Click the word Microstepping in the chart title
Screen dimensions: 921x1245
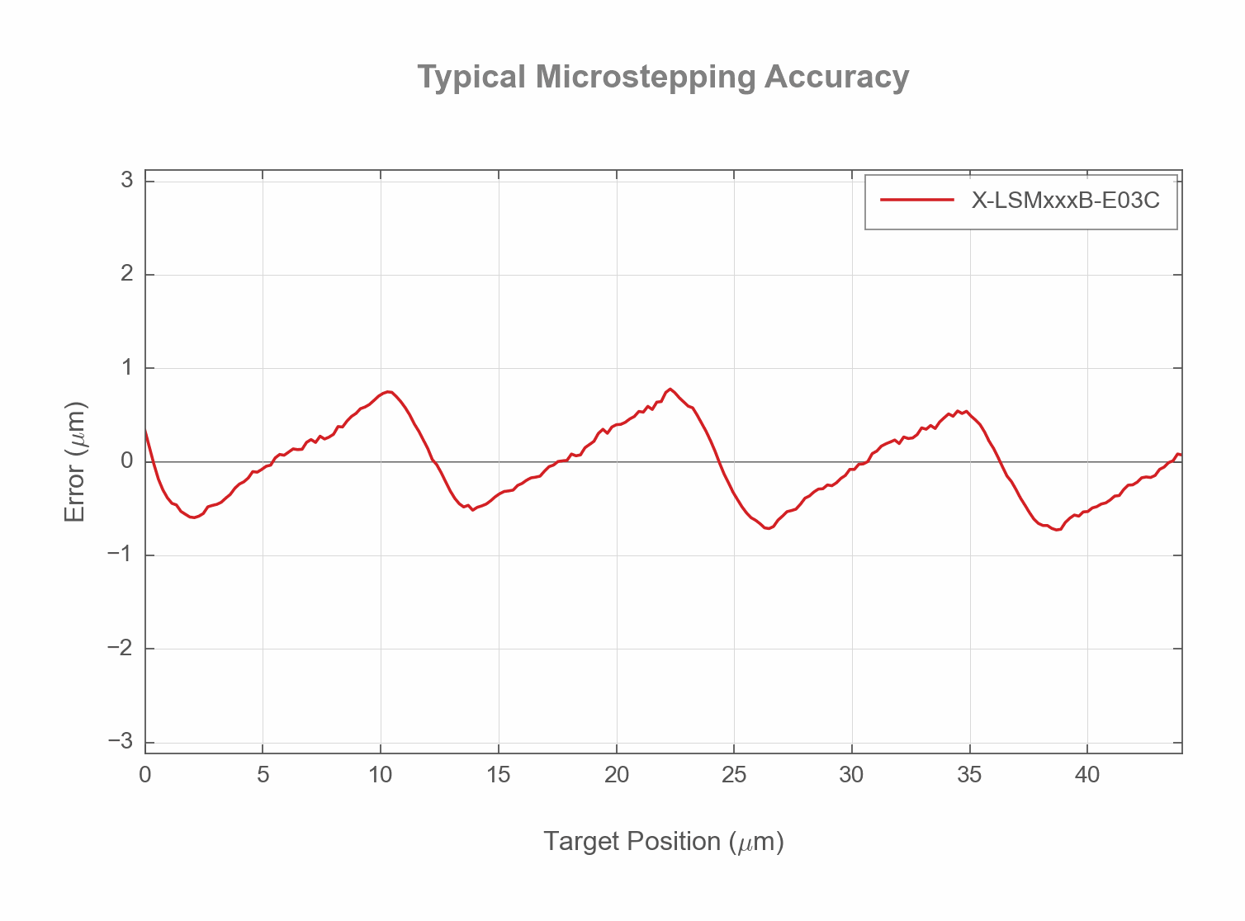(645, 77)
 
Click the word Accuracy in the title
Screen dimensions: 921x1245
(836, 77)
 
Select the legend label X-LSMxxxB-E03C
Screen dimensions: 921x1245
(1065, 200)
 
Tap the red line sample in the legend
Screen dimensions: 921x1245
(916, 200)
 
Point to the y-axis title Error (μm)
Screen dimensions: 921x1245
(75, 462)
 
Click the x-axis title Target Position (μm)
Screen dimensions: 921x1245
(663, 841)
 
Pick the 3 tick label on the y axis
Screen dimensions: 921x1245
(127, 180)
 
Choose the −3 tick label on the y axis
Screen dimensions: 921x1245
(121, 742)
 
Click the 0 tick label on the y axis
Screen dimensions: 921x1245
(127, 461)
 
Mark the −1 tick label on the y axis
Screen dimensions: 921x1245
(121, 555)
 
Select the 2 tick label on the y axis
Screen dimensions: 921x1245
(127, 274)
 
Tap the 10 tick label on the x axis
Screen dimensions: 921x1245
(380, 775)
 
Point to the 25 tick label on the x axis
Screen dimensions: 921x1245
(733, 775)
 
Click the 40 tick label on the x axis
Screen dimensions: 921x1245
(1086, 775)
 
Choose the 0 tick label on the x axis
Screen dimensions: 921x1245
(145, 775)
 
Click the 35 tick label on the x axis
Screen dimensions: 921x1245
(969, 775)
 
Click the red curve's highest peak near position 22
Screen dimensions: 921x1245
(670, 389)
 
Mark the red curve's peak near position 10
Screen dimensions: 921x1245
(388, 392)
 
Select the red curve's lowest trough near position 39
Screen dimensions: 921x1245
(1057, 530)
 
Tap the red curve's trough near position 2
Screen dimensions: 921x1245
(193, 517)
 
